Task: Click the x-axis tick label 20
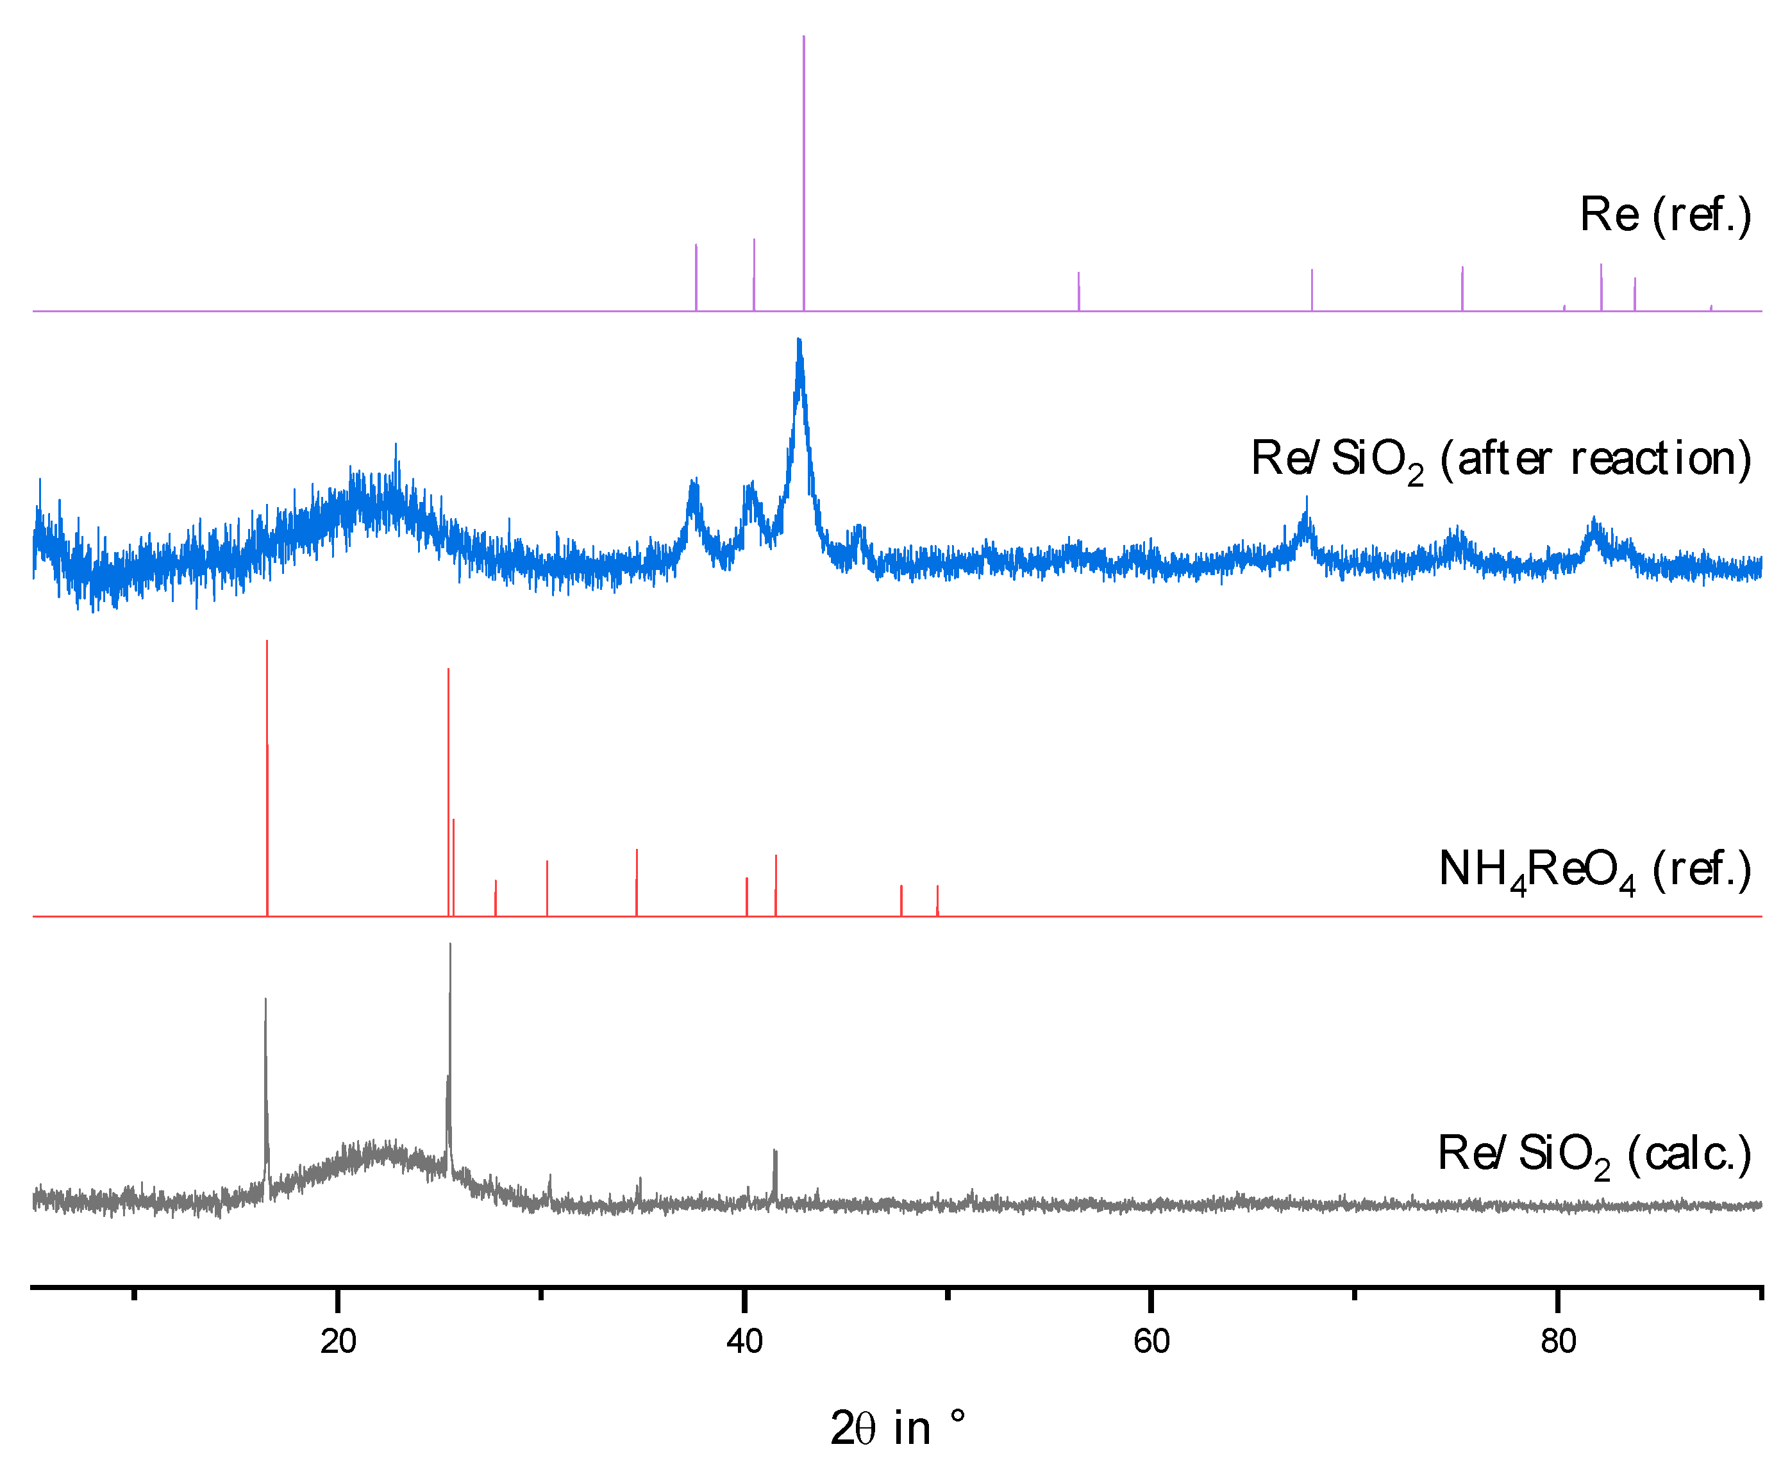tap(338, 1342)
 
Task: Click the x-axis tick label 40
tap(744, 1342)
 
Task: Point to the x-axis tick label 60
tap(1151, 1342)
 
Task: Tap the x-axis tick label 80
tap(1558, 1342)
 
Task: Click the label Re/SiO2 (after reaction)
tap(1500, 460)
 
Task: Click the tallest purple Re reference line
tap(803, 169)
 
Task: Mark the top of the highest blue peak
tap(799, 341)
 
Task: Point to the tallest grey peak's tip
tap(450, 946)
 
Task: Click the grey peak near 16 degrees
tap(265, 1002)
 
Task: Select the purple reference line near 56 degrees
tap(1079, 292)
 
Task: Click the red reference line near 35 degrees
tap(637, 883)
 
